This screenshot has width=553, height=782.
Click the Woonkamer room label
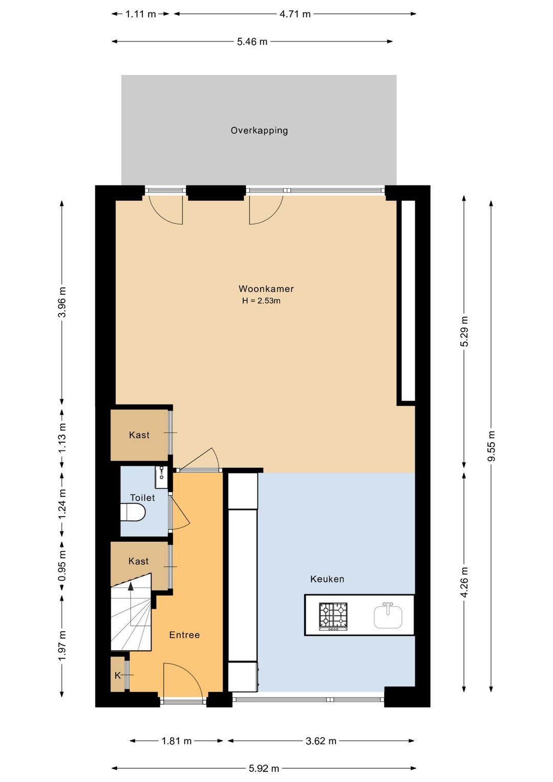pyautogui.click(x=266, y=289)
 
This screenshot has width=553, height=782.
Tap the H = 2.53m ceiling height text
pyautogui.click(x=261, y=301)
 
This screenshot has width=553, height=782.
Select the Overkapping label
pyautogui.click(x=259, y=131)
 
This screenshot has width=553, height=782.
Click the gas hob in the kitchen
pyautogui.click(x=333, y=616)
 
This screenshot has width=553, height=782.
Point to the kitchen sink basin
pyautogui.click(x=388, y=616)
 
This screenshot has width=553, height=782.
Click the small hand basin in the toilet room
pyautogui.click(x=161, y=477)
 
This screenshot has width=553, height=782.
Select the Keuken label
pyautogui.click(x=327, y=579)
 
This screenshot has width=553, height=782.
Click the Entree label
pyautogui.click(x=184, y=635)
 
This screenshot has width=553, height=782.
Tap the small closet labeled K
pyautogui.click(x=118, y=675)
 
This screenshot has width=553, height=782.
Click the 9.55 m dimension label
pyautogui.click(x=491, y=446)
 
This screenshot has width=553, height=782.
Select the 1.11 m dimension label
pyautogui.click(x=140, y=14)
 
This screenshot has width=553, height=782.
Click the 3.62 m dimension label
pyautogui.click(x=321, y=740)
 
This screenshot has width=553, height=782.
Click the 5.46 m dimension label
pyautogui.click(x=252, y=42)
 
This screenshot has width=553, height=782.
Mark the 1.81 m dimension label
pyautogui.click(x=177, y=740)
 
